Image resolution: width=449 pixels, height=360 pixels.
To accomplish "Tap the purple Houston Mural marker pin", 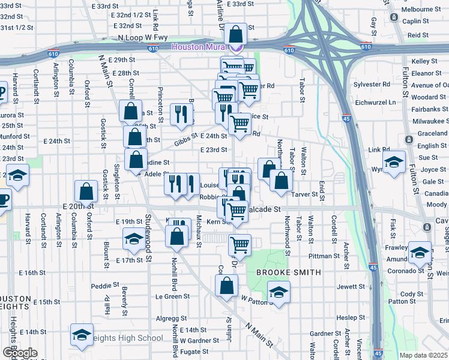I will click(239, 47).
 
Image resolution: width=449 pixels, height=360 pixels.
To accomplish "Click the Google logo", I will click(20, 353).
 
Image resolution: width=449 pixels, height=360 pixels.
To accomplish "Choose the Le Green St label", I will click(172, 296).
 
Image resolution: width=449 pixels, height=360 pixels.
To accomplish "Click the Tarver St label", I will click(305, 194).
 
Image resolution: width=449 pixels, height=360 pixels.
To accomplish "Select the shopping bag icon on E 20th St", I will click(86, 192).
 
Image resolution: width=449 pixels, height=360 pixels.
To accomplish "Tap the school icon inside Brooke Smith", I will click(279, 293).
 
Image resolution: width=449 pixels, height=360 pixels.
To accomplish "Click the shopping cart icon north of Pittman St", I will click(240, 245).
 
